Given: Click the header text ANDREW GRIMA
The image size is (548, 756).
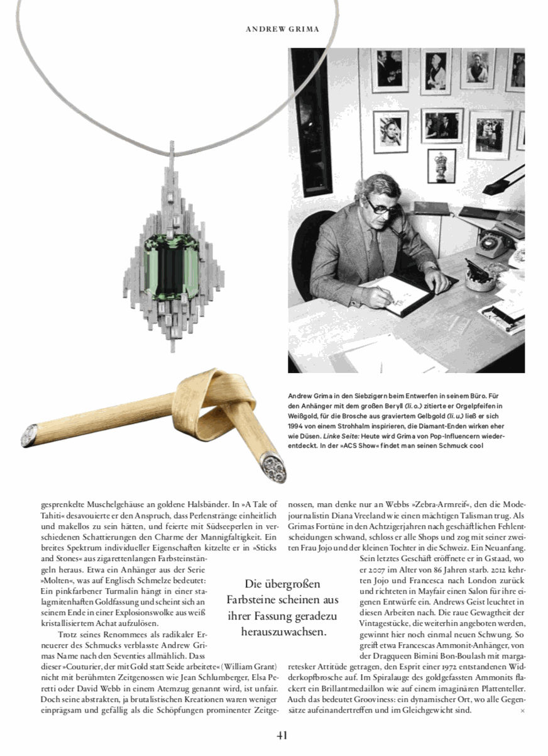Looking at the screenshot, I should click(x=282, y=29).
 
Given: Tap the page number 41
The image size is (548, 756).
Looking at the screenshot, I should click(x=282, y=735).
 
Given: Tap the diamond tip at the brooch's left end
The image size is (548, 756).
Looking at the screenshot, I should click(x=29, y=435).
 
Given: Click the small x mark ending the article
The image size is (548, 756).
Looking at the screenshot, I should click(x=522, y=711).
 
